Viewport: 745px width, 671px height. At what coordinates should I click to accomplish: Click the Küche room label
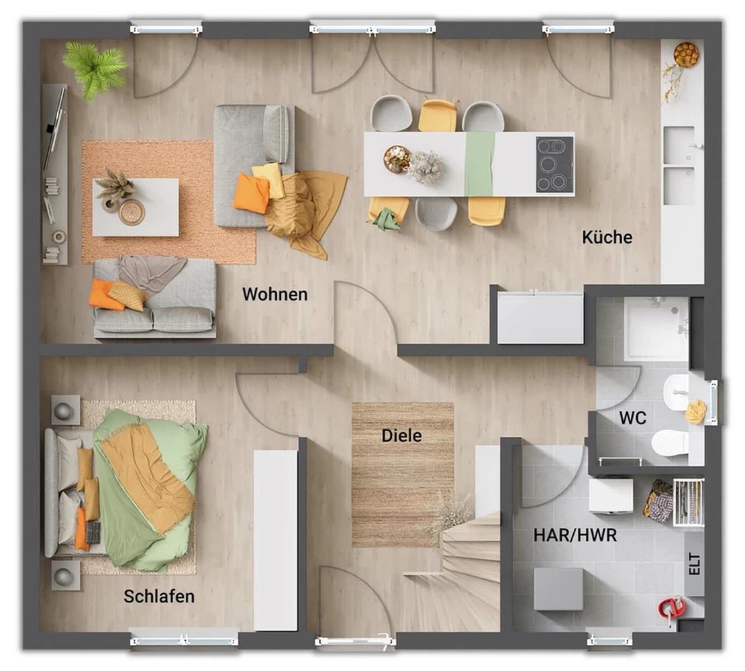[x=607, y=237]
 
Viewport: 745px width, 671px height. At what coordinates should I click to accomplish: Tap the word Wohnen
[x=275, y=294]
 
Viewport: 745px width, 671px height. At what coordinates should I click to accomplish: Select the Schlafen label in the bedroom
[x=159, y=596]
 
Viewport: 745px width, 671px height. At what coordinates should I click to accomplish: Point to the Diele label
[x=401, y=435]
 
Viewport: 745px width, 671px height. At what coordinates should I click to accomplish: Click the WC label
[x=632, y=418]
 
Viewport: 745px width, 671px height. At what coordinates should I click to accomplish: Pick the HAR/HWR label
[x=575, y=535]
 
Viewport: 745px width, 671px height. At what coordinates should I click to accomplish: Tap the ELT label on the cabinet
[x=694, y=564]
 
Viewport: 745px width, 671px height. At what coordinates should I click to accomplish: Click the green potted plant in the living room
[x=94, y=69]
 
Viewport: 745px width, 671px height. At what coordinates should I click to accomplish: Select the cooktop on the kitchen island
[x=554, y=164]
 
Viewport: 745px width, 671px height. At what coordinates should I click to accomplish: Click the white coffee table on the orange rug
[x=136, y=207]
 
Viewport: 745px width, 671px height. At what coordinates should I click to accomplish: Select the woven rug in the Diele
[x=403, y=474]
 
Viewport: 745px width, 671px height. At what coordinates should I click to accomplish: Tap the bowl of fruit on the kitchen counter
[x=686, y=54]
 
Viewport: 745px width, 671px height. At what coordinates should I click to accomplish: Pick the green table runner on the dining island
[x=480, y=164]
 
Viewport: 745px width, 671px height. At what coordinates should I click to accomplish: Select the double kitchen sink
[x=679, y=166]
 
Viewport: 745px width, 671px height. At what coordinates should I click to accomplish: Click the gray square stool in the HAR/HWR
[x=558, y=589]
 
